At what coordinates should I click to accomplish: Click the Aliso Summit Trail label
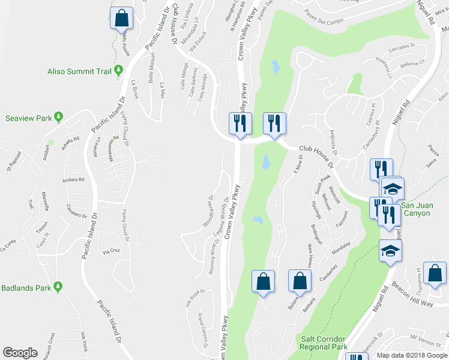[79, 71]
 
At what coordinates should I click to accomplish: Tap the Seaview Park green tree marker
[58, 116]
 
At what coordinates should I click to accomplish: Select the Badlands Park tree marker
[58, 286]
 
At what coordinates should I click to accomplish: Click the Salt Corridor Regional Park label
[324, 343]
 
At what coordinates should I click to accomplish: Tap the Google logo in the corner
[20, 353]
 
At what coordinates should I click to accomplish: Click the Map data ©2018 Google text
[412, 355]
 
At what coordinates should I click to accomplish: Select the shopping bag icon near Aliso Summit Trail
[122, 19]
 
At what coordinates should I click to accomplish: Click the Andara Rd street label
[73, 179]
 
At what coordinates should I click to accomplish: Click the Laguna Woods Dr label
[221, 220]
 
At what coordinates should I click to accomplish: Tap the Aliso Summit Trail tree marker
[118, 71]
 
